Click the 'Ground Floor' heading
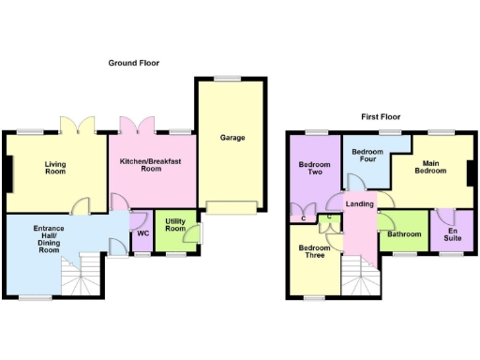(133, 64)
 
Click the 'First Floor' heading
(381, 117)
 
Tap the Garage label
(232, 138)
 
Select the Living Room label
(55, 168)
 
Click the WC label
(142, 233)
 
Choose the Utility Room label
(175, 226)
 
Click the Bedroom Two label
(310, 169)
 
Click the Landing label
(360, 204)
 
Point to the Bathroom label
(404, 234)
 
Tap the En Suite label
(454, 233)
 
